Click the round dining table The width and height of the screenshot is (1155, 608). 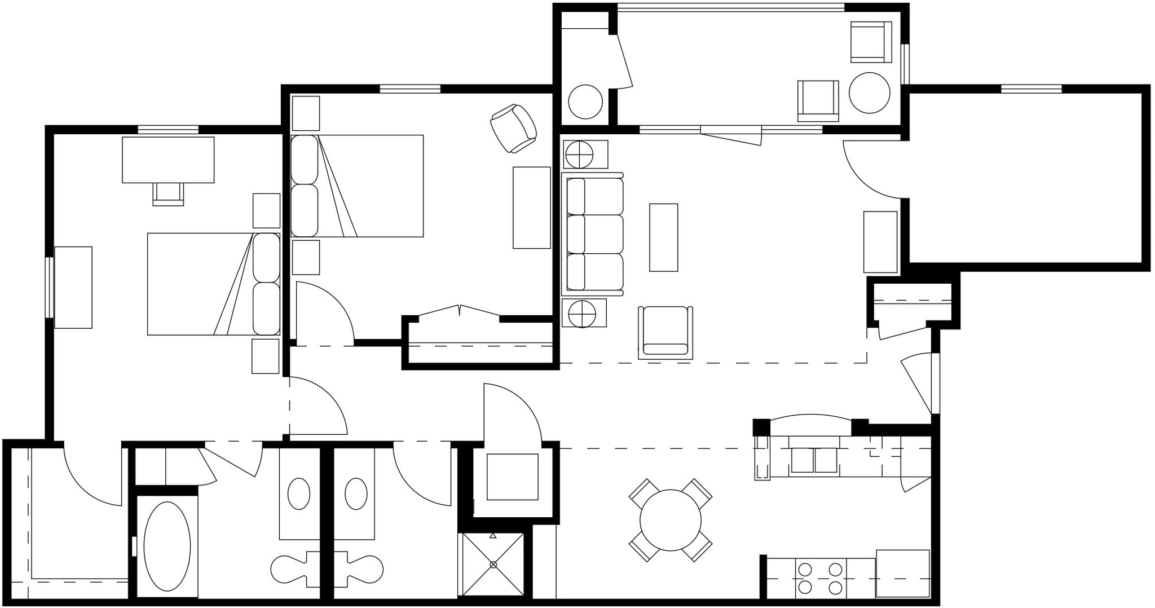[670, 520]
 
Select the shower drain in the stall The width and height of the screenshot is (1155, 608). [493, 564]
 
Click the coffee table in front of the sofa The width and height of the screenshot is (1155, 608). [663, 237]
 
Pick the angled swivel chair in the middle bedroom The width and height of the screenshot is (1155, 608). [513, 129]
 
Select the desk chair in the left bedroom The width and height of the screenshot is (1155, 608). [168, 193]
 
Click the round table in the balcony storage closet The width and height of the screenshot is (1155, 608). [585, 102]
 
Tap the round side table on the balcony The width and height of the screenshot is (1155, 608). [869, 92]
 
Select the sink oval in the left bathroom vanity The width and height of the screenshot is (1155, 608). [298, 494]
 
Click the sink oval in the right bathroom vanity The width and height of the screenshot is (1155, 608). [356, 494]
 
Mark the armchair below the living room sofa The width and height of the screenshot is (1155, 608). [665, 332]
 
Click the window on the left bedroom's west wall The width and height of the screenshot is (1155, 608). [50, 287]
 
